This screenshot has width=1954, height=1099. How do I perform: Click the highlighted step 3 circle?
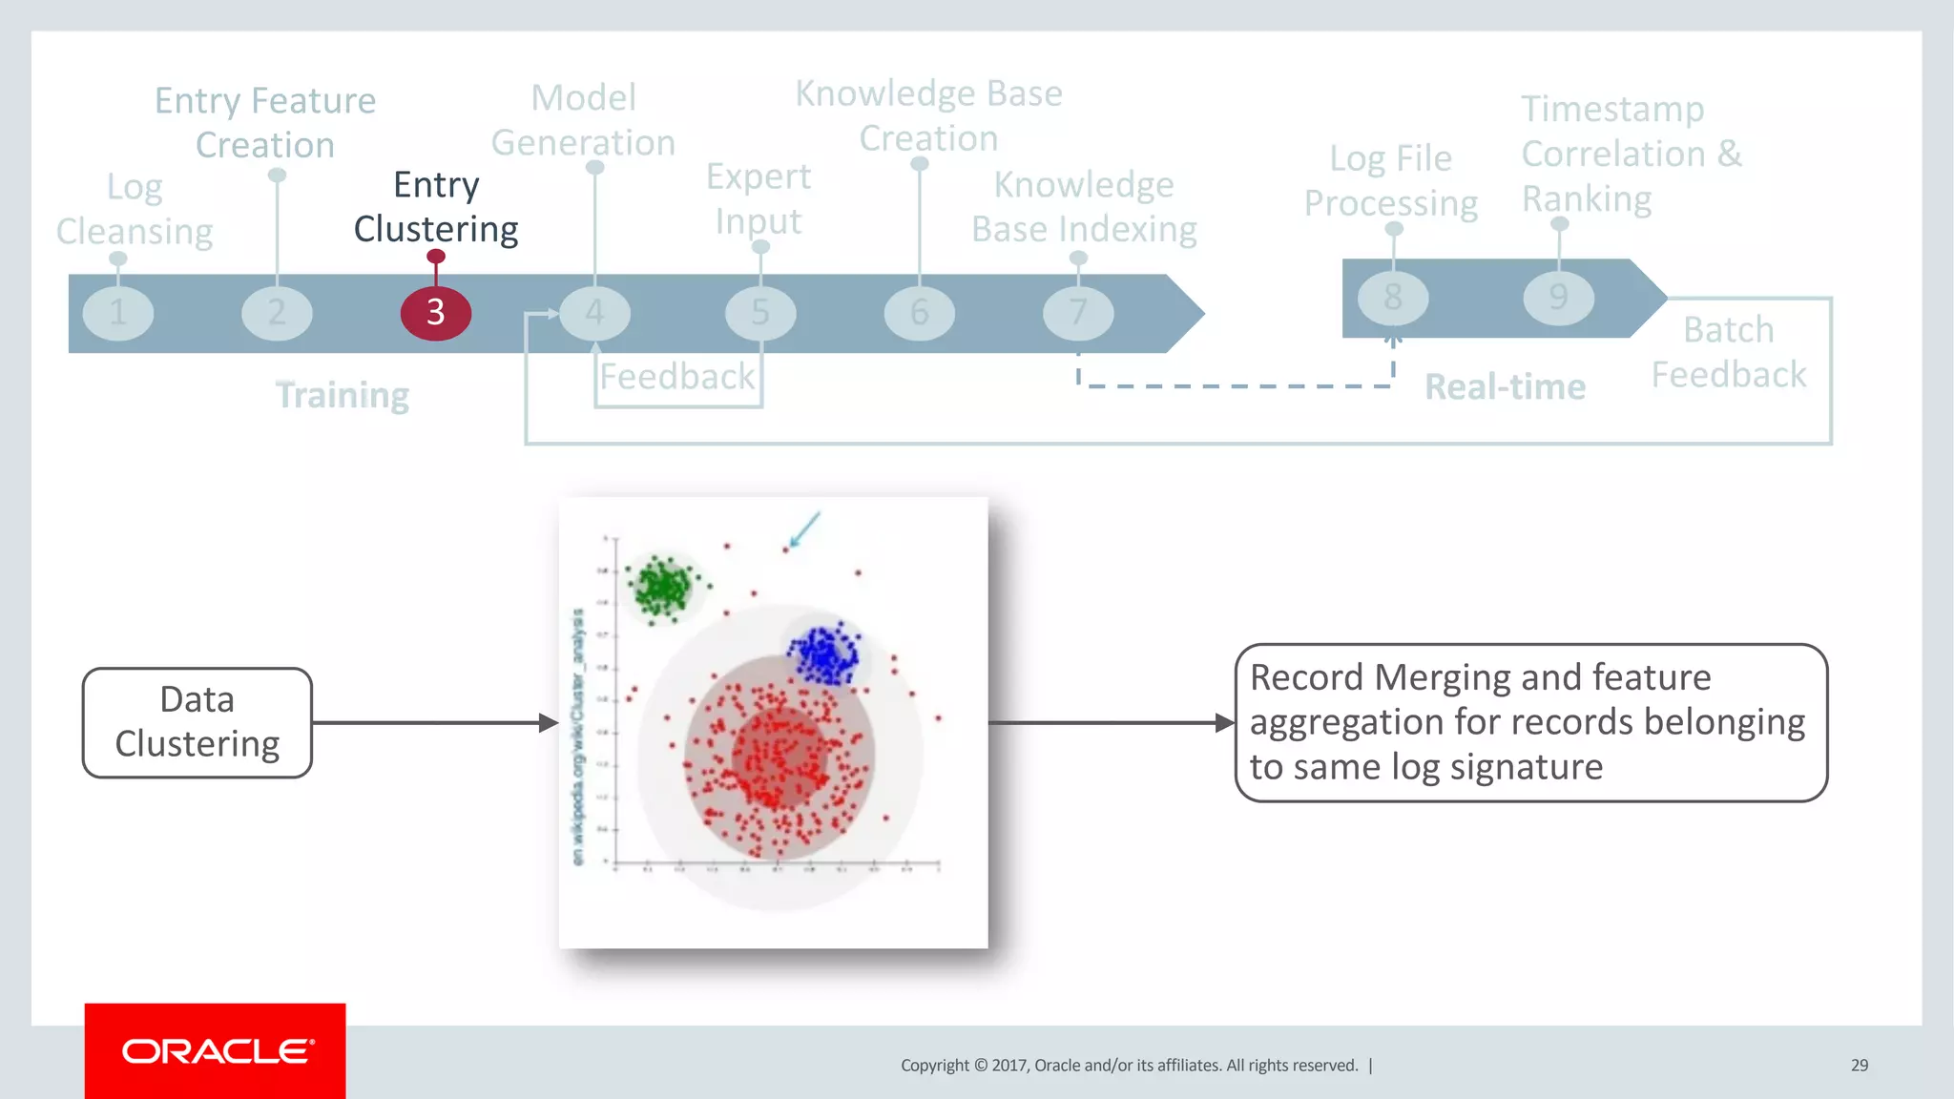click(x=435, y=313)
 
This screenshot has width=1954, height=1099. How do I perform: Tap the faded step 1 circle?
click(x=118, y=313)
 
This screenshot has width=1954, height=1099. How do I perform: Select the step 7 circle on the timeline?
click(x=1078, y=313)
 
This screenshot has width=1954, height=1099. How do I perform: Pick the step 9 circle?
click(x=1558, y=298)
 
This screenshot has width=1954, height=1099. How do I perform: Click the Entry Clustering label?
click(x=436, y=207)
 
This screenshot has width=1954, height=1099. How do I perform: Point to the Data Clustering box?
click(x=197, y=722)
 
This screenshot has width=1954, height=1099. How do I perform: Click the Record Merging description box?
click(x=1530, y=722)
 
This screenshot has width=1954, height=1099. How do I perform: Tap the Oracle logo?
click(x=216, y=1051)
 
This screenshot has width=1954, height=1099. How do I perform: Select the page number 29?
click(x=1859, y=1065)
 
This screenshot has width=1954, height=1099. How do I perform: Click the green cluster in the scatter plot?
click(x=661, y=586)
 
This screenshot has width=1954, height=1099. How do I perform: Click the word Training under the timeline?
click(x=343, y=395)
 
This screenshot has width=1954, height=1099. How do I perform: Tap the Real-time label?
click(x=1505, y=387)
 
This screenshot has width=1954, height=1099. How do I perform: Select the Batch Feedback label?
click(x=1729, y=352)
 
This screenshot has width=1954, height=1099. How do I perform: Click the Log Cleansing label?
click(x=135, y=210)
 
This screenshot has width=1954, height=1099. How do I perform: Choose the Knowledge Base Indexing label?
click(x=1084, y=207)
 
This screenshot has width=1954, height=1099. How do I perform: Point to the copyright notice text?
click(x=1129, y=1066)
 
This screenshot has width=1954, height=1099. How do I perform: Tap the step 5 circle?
click(x=760, y=313)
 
